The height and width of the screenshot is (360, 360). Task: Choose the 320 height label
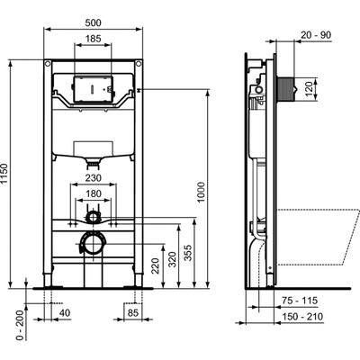(173, 261)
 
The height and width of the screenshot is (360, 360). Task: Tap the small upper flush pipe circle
(94, 217)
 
